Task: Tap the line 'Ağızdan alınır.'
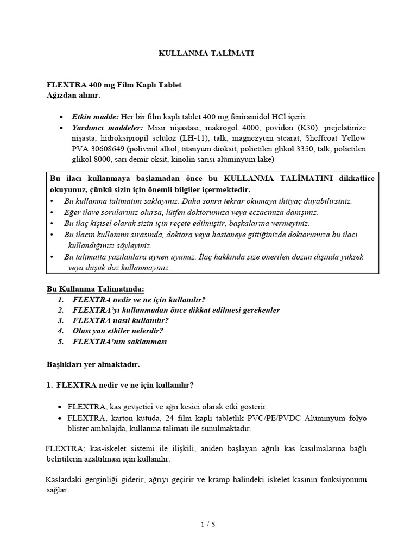(x=73, y=95)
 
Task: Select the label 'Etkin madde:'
(x=96, y=117)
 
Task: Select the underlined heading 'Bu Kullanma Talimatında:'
(x=95, y=288)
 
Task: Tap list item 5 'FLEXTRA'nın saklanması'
(x=119, y=342)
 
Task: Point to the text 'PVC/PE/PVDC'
(x=264, y=418)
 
